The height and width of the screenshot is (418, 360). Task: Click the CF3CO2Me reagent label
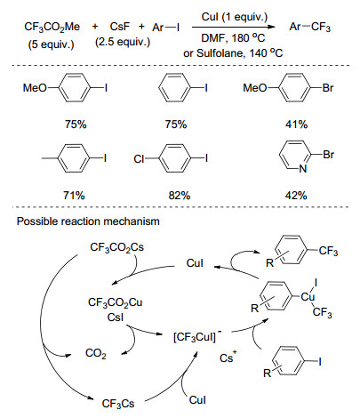[x=52, y=27]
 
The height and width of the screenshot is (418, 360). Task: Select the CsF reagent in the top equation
[x=120, y=27]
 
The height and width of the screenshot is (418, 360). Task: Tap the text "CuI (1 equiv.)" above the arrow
[x=235, y=17]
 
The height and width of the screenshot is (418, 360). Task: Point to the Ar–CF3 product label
[x=309, y=27]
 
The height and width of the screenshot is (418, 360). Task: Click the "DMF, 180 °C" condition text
[x=233, y=38]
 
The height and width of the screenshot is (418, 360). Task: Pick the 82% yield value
[x=180, y=196]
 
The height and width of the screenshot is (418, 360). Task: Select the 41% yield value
[x=296, y=125]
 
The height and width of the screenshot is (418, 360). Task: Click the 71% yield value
[x=74, y=196]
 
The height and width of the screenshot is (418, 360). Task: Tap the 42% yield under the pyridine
[x=296, y=196]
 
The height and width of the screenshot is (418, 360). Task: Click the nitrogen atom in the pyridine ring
[x=303, y=169]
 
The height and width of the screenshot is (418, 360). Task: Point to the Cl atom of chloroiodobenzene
[x=139, y=159]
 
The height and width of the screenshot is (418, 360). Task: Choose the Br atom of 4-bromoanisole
[x=328, y=88]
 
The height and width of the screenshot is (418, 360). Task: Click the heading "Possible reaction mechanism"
[x=88, y=221]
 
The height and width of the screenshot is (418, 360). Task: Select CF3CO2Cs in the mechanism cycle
[x=116, y=247]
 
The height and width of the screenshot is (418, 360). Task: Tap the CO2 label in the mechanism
[x=95, y=353]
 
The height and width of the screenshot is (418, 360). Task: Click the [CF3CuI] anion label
[x=197, y=336]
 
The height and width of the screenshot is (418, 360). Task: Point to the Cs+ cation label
[x=228, y=358]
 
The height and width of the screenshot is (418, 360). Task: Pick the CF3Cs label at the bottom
[x=118, y=404]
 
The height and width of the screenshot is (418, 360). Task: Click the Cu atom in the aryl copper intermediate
[x=308, y=297]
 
